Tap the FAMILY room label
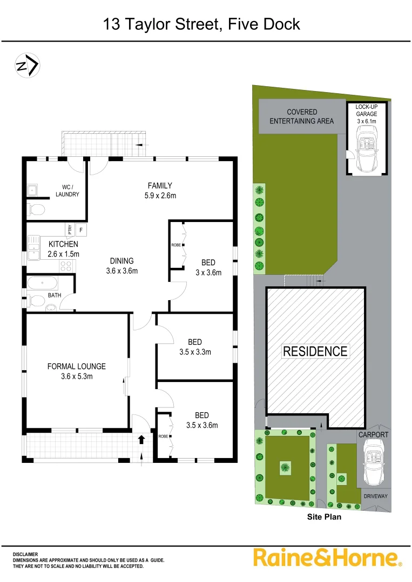tap(159, 186)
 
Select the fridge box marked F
tap(82, 230)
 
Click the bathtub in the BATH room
tap(42, 283)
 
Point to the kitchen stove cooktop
tap(67, 265)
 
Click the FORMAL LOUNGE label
tap(76, 366)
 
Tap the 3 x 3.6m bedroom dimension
tap(208, 273)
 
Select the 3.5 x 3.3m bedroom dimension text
tap(195, 352)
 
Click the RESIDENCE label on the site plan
tap(315, 351)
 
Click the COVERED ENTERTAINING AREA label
tap(302, 116)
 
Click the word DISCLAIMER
tap(25, 554)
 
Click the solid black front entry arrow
tap(142, 439)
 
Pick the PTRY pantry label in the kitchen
tap(70, 230)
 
